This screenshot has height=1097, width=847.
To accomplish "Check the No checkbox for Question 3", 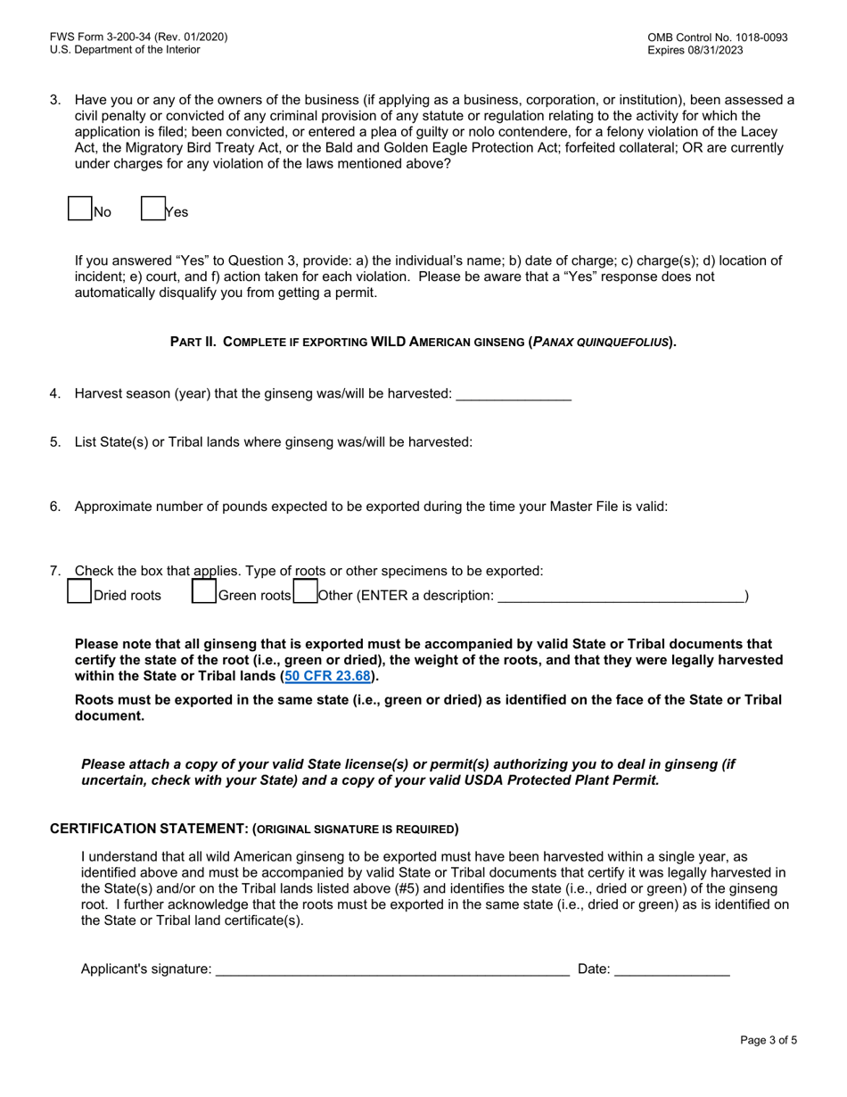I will tap(80, 209).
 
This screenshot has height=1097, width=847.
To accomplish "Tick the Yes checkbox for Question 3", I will tap(153, 209).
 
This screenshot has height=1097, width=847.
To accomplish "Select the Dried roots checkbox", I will tap(80, 592).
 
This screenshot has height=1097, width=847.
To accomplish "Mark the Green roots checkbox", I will tap(204, 592).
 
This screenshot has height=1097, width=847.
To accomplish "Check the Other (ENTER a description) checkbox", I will tap(305, 592).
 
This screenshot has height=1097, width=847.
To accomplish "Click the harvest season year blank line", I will tap(513, 394).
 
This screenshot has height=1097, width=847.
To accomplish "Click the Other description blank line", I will tap(620, 595).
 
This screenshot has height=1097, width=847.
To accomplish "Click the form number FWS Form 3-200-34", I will tap(138, 37).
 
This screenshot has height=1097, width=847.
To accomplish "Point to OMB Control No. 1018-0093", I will tap(718, 37).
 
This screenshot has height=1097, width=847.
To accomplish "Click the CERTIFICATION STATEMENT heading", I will tap(253, 829).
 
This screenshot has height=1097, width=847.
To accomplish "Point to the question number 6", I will tap(55, 507).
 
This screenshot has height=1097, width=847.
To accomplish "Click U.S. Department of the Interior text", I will tap(125, 50).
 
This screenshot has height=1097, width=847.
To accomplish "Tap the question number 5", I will tap(55, 441).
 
